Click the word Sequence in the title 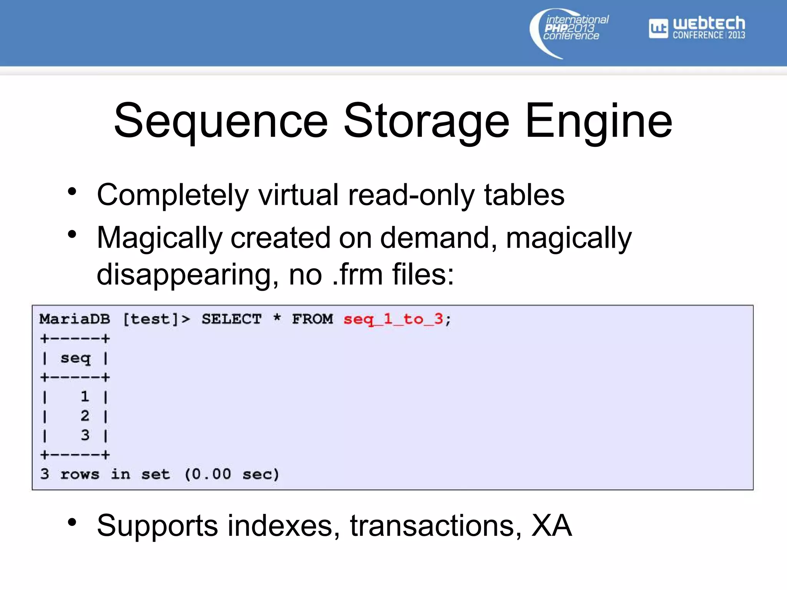[x=221, y=121]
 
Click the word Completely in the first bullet [x=173, y=196]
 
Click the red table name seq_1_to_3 [x=393, y=319]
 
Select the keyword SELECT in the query [x=231, y=319]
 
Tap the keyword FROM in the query [x=312, y=319]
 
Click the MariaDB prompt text [x=75, y=319]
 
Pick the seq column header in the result [x=75, y=358]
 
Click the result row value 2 [x=85, y=416]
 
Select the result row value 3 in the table [x=85, y=435]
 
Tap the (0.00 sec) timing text [x=231, y=474]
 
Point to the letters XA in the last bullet [x=551, y=526]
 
